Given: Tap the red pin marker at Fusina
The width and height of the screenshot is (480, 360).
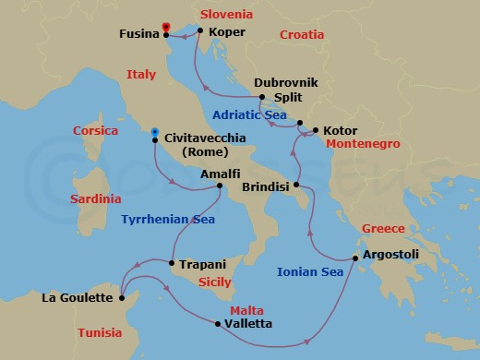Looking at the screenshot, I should point(166,27).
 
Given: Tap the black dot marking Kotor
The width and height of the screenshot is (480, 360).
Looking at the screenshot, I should point(315,131).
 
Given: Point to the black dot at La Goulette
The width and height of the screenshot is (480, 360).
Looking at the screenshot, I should point(122,297).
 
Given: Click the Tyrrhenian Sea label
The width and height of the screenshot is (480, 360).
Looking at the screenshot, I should point(168,219).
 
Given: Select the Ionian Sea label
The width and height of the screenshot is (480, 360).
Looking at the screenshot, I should point(310,271).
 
